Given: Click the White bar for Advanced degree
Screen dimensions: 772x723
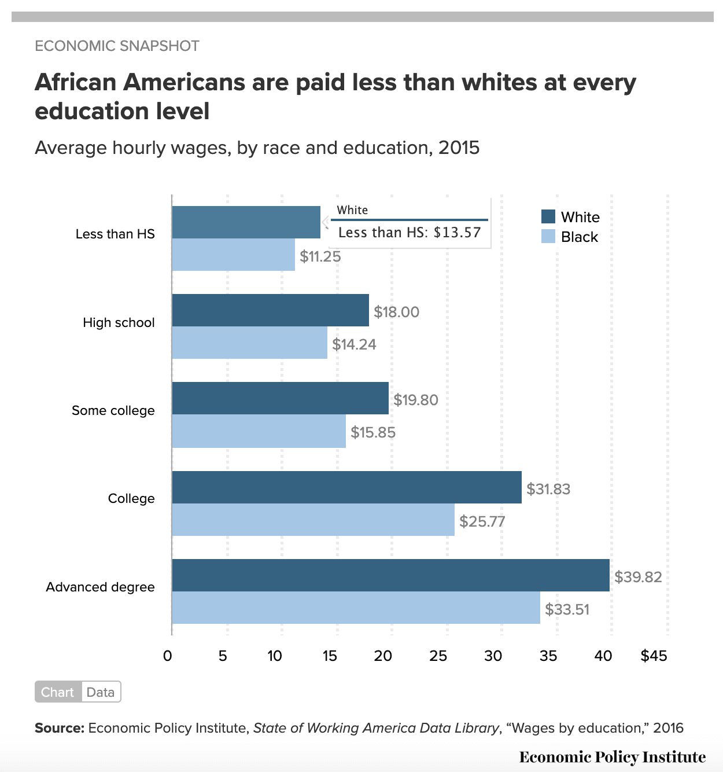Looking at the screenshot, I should [390, 575].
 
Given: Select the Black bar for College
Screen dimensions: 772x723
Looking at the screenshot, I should [313, 520].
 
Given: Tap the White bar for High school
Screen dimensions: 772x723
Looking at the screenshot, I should [270, 310].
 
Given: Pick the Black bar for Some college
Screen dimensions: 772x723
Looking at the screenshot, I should [259, 431].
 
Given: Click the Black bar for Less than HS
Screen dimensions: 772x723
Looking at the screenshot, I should [233, 255].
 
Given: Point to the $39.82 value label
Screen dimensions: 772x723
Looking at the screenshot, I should [638, 577].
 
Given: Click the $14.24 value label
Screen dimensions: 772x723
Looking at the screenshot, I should [354, 344].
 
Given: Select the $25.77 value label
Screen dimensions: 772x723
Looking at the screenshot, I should [482, 521].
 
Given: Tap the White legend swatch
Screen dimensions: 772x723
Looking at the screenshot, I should [548, 216].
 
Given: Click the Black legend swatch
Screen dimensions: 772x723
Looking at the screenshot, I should [548, 236].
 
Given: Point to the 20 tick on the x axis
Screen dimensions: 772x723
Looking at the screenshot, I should [383, 656].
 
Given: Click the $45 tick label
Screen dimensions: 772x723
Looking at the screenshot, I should [654, 656].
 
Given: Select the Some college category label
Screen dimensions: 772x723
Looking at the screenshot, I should [113, 410].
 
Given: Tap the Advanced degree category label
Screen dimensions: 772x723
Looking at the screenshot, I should [101, 587].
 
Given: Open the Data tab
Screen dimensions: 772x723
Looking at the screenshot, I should [101, 692].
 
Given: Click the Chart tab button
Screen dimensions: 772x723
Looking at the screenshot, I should [58, 692].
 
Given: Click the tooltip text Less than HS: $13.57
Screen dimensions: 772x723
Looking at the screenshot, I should [410, 233].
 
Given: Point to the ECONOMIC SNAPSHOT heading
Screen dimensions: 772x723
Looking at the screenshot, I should [117, 46].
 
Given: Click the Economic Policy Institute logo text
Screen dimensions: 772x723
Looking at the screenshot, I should [613, 757].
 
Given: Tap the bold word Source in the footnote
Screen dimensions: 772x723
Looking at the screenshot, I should [60, 727].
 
